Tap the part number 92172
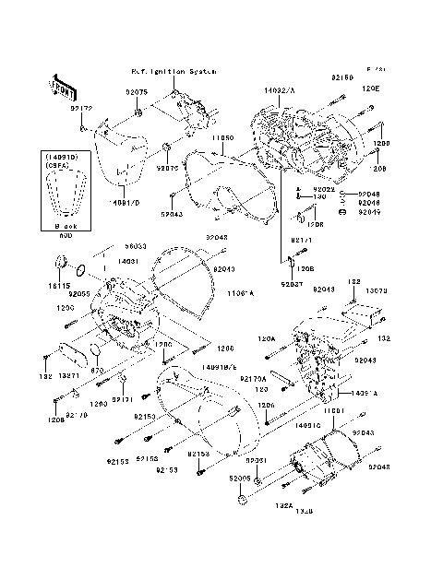pyautogui.click(x=81, y=109)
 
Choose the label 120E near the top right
pyautogui.click(x=371, y=89)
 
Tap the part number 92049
pyautogui.click(x=367, y=212)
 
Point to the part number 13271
pyautogui.click(x=69, y=376)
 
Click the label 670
pyautogui.click(x=95, y=370)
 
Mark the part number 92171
pyautogui.click(x=124, y=399)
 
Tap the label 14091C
pyautogui.click(x=306, y=425)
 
